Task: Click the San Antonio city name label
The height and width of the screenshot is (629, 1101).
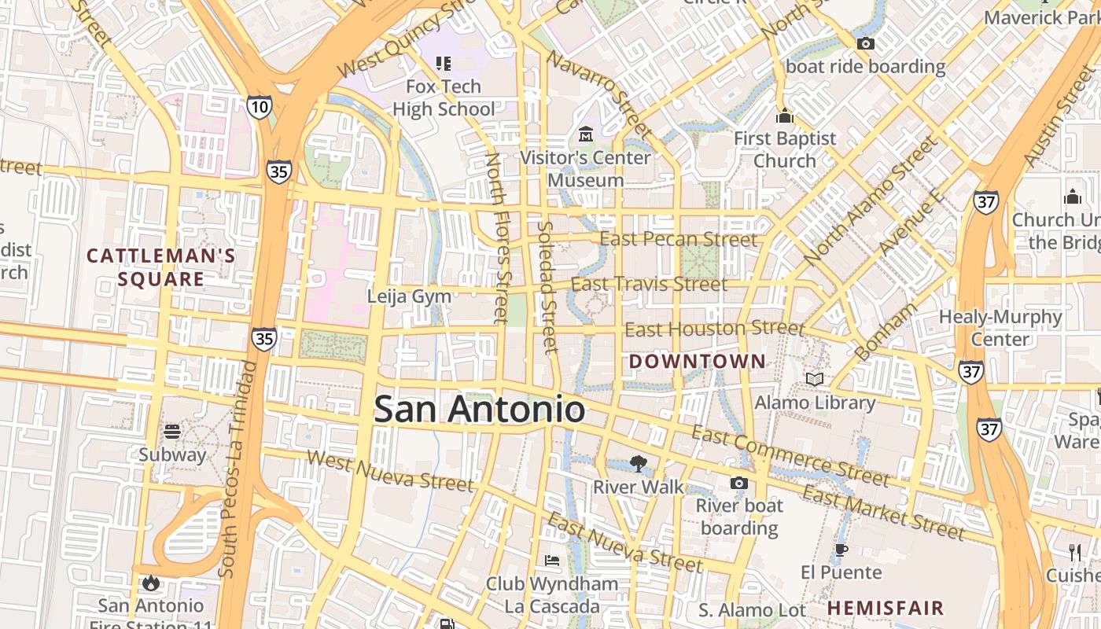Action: [x=479, y=410]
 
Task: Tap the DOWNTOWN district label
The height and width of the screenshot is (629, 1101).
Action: [x=698, y=362]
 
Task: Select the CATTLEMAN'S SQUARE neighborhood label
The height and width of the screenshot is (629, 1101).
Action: [x=161, y=267]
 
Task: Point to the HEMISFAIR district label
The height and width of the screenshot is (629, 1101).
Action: [x=886, y=608]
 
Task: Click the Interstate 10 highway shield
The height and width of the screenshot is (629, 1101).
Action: [x=259, y=106]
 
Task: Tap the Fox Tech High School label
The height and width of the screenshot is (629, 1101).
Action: [x=444, y=97]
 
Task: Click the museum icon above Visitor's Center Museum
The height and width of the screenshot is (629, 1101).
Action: [x=586, y=134]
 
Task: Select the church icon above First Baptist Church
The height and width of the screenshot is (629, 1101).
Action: [x=784, y=116]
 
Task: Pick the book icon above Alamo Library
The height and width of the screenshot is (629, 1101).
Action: [x=815, y=380]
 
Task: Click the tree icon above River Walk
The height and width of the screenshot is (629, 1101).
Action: [x=638, y=464]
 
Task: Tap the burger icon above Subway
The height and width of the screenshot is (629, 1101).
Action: [x=172, y=431]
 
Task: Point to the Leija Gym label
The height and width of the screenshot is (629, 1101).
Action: [x=409, y=296]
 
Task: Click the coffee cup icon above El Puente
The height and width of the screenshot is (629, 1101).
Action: [x=841, y=550]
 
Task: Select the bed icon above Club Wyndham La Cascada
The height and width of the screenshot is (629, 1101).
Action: [x=552, y=561]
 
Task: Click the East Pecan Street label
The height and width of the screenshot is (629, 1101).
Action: [x=679, y=239]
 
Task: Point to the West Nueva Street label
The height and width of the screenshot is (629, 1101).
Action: [x=390, y=470]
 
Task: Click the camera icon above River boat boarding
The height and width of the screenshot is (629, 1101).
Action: [x=738, y=483]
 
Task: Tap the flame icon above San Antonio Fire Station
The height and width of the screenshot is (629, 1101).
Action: [x=150, y=583]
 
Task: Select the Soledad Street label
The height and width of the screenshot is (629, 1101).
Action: [x=547, y=287]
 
